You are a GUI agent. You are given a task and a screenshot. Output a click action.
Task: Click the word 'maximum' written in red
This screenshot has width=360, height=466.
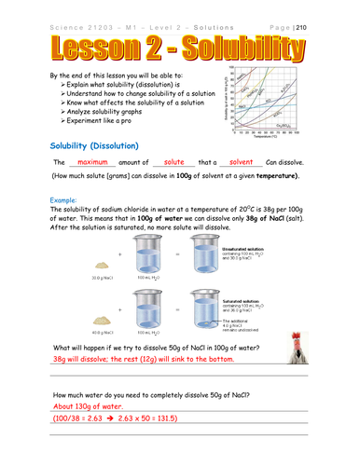tap(93, 161)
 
